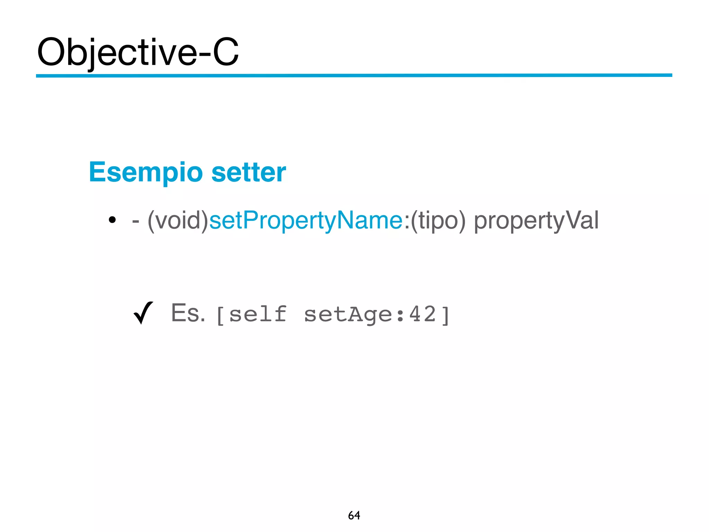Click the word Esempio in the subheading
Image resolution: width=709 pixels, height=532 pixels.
pos(146,172)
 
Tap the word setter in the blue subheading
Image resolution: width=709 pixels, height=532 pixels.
pos(249,172)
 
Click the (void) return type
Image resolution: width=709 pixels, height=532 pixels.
pos(178,220)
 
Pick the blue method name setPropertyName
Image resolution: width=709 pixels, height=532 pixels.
pos(306,220)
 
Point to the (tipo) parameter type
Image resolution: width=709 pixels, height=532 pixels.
pos(438,220)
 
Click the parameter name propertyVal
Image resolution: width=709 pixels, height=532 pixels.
pos(536,220)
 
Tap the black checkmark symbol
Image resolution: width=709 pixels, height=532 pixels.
pos(143,313)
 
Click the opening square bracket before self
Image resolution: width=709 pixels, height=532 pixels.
pos(220,315)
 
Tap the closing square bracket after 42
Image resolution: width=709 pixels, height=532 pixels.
pos(446,315)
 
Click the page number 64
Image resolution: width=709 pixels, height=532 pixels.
pos(354,515)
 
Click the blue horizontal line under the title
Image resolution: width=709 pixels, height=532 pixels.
pos(354,75)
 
